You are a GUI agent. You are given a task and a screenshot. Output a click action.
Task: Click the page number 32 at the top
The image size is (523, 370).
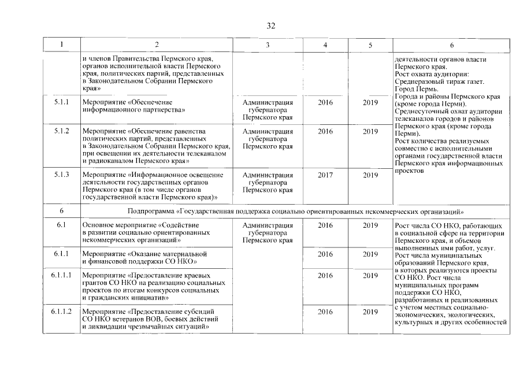tap(270, 25)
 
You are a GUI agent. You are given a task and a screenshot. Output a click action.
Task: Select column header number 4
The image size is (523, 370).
tap(325, 45)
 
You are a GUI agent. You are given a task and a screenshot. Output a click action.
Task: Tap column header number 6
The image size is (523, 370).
tap(451, 45)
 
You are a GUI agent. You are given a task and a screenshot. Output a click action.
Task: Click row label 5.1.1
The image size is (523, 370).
tap(61, 102)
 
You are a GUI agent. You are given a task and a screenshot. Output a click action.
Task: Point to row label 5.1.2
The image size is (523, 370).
tap(61, 131)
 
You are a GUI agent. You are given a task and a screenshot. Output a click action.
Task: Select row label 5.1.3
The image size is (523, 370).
tap(61, 175)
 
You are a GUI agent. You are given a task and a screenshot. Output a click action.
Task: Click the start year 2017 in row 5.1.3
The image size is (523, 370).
tap(325, 175)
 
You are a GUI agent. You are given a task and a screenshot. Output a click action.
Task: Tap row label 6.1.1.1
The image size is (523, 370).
tap(61, 276)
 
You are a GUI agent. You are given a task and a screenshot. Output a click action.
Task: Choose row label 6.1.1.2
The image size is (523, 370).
tap(61, 312)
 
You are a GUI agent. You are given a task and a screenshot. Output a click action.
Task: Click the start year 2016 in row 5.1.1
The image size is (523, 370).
tap(325, 102)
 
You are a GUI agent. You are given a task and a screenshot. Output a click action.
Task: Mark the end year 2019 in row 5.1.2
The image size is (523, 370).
tap(370, 131)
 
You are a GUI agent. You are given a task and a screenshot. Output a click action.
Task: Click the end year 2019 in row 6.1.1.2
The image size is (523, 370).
tap(370, 312)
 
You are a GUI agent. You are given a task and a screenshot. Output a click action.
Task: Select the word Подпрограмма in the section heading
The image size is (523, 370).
tap(149, 210)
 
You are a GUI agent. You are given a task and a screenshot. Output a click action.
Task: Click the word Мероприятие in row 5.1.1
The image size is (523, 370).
tap(102, 102)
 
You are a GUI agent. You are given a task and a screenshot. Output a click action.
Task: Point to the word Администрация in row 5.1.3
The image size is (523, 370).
tap(268, 175)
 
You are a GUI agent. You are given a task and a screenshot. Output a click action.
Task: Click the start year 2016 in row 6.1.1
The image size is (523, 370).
tap(325, 254)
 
